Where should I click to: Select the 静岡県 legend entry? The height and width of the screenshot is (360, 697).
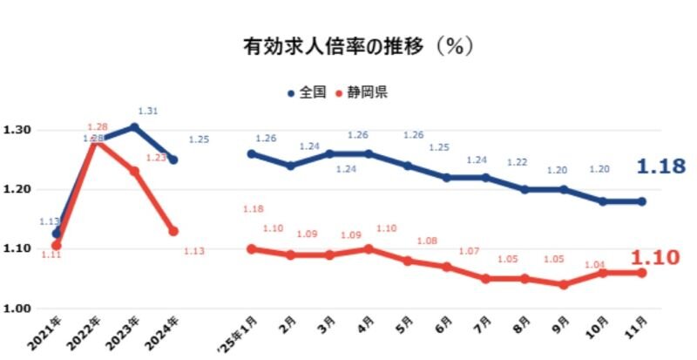point(362,91)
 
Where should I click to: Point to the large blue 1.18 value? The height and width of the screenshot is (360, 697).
point(661,166)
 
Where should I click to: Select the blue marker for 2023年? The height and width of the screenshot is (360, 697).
point(134,127)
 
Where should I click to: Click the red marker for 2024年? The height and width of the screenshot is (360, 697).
point(173,231)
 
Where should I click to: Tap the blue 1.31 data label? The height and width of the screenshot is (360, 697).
point(150,111)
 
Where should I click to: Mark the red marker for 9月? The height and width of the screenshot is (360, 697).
point(563,285)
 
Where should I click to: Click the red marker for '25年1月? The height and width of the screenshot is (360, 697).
point(252,248)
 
